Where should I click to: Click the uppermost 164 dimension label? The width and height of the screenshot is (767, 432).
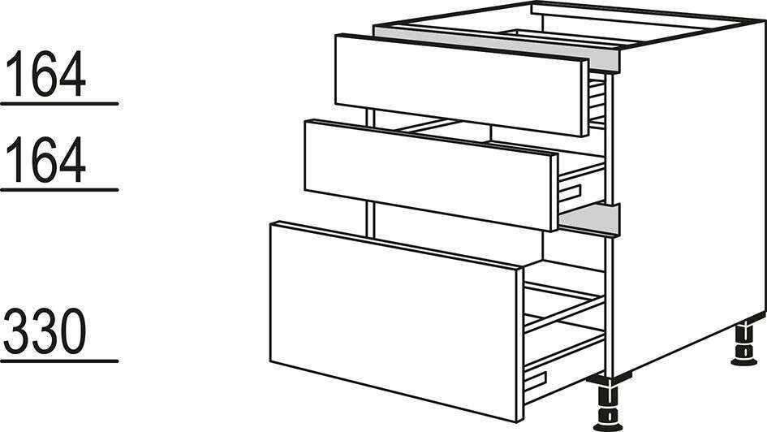(47, 73)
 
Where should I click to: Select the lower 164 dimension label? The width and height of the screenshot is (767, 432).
(47, 159)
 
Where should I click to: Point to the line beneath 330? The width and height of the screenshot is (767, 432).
(59, 361)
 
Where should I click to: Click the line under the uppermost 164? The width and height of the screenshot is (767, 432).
(59, 104)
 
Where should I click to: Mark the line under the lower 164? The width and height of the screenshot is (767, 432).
(59, 189)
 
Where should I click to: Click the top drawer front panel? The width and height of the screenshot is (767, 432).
(461, 84)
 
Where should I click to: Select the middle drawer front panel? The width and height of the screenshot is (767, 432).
(430, 175)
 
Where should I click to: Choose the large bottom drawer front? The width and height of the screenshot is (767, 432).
(396, 321)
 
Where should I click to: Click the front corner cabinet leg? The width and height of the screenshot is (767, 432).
(608, 404)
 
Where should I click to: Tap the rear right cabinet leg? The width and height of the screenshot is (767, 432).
(744, 344)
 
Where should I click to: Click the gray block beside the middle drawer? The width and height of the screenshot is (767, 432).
(589, 218)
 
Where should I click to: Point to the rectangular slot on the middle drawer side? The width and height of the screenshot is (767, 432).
(571, 193)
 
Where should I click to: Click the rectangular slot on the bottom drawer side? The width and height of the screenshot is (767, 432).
(535, 381)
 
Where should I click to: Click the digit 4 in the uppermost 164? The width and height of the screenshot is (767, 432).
(72, 73)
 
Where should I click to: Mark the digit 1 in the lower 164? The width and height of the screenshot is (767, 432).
(19, 159)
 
